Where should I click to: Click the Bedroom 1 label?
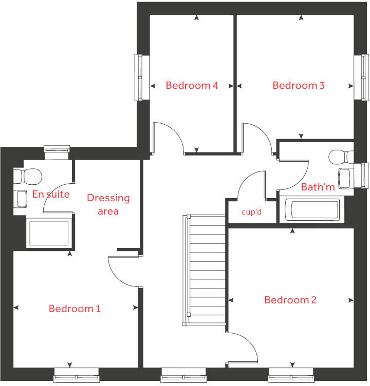[x=75, y=308]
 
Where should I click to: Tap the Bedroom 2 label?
[x=290, y=300]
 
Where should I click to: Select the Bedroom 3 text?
[x=299, y=85]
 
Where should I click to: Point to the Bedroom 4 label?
[x=192, y=85]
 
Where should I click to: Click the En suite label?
[x=51, y=194]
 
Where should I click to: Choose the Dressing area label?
[x=108, y=204]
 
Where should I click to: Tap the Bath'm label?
[x=318, y=187]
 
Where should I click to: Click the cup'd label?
[x=252, y=211]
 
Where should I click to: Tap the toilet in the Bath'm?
[x=341, y=156]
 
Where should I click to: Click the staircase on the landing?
[x=205, y=270]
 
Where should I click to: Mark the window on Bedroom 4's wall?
[x=139, y=77]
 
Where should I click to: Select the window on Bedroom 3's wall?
[x=361, y=77]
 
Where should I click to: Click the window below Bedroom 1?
[x=76, y=375]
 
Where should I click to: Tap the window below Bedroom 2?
[x=290, y=375]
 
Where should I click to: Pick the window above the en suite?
[x=56, y=150]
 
